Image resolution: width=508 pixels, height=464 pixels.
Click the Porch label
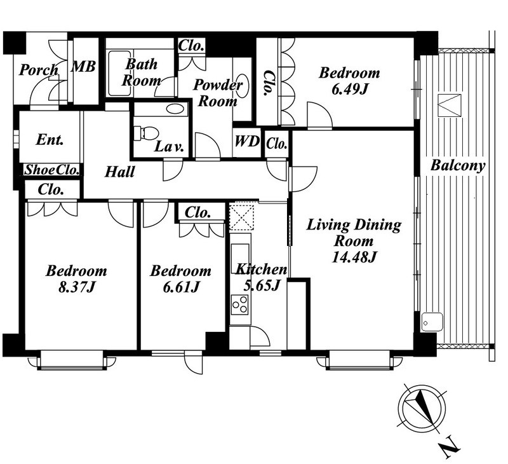pos(39,70)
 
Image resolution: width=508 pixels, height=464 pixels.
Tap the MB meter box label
pos(84,67)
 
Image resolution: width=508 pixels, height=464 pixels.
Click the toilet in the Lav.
pos(146,133)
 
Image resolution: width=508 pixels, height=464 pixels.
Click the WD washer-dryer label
pos(247,141)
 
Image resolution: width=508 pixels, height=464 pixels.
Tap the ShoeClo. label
pos(52,170)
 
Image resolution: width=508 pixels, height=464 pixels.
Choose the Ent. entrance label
pos(50,140)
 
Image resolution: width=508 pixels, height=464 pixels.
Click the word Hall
pos(119,172)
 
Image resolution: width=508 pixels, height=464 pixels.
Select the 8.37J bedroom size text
pos(76,287)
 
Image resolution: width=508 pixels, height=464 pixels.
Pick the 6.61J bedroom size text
pos(181,287)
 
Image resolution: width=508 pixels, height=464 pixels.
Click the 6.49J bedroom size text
pos(350,88)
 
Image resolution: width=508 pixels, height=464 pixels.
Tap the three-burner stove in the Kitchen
pos(240,305)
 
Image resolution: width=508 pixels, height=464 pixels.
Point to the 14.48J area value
pos(354,257)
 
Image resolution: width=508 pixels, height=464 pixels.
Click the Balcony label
pos(458,166)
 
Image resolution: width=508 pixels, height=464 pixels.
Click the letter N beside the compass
pos(450,450)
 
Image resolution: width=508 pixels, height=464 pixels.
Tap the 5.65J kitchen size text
pos(262,285)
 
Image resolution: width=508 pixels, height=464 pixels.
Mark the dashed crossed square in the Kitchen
pos(241,217)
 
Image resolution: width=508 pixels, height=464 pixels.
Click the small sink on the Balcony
pos(432,322)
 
